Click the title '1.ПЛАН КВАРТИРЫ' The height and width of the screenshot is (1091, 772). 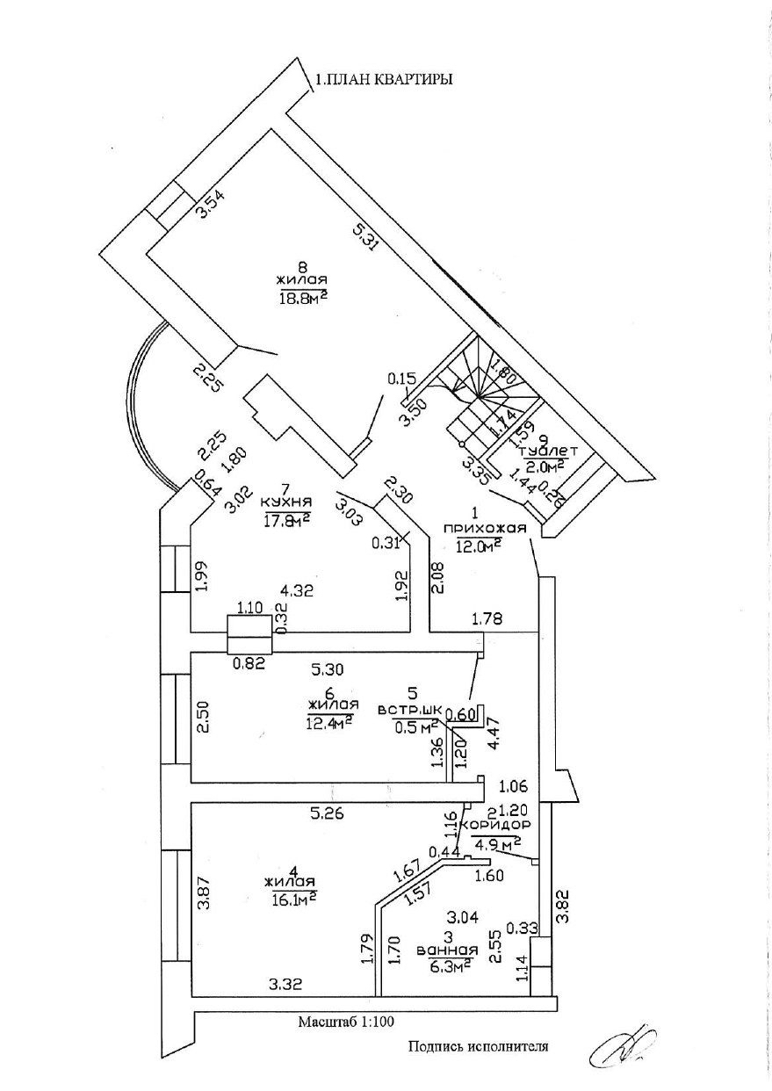pos(385,80)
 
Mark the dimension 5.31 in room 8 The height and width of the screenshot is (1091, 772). pos(364,237)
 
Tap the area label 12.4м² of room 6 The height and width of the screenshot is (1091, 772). pos(330,720)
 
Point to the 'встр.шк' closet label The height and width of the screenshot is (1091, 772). pos(408,710)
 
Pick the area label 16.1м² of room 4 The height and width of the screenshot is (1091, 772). pos(294,897)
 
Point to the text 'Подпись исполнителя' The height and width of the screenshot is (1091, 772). pos(478,1046)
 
